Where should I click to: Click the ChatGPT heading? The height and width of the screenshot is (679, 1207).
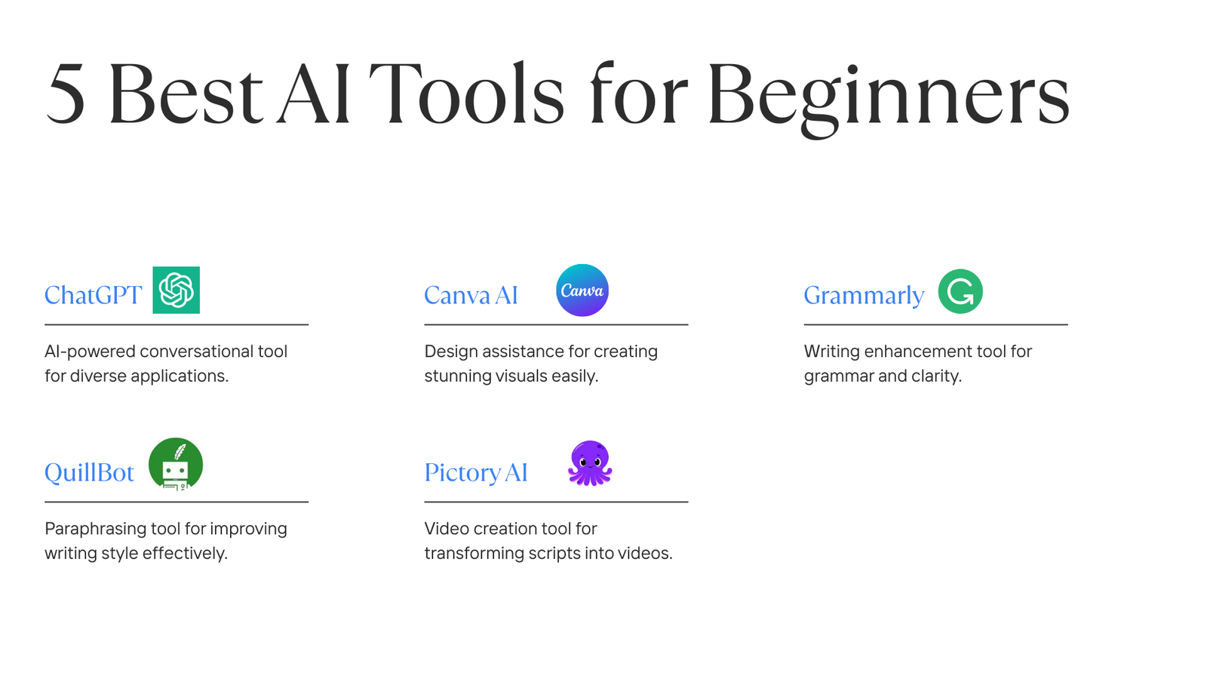[x=93, y=295]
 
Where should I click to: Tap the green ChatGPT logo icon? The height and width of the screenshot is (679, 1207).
[x=176, y=290]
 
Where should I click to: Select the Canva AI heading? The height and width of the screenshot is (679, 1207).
[x=471, y=295]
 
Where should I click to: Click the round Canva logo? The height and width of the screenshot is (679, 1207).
[x=582, y=290]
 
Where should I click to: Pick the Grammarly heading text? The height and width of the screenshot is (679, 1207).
[x=864, y=296]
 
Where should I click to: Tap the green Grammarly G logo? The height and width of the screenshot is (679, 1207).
[x=960, y=291]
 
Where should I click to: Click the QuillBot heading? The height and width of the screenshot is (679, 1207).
[x=89, y=472]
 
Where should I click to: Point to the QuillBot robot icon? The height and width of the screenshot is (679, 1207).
[x=176, y=464]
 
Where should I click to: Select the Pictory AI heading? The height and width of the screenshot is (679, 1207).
[x=475, y=472]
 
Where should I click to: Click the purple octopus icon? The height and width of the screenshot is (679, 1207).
[x=590, y=463]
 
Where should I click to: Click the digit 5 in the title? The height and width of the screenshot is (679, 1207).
[x=65, y=96]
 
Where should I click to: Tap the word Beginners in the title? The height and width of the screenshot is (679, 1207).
[x=888, y=96]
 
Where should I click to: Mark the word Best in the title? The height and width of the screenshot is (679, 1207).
[x=185, y=96]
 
